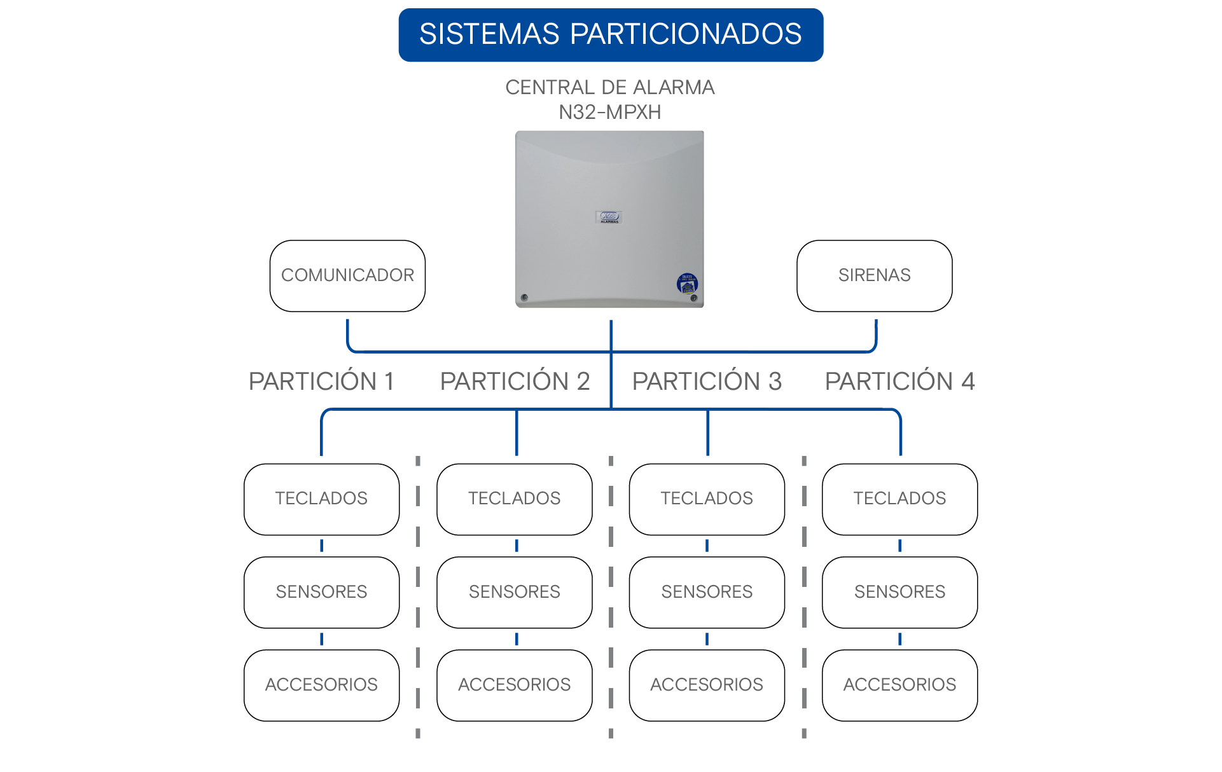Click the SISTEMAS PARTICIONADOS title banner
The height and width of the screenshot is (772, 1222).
[611, 35]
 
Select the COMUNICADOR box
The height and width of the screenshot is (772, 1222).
[347, 276]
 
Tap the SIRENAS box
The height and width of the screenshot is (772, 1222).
[875, 276]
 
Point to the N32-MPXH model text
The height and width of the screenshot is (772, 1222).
[610, 112]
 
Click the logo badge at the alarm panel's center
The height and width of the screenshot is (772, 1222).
[609, 217]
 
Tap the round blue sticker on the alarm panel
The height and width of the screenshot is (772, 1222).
[687, 283]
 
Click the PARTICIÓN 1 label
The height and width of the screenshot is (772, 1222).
[321, 381]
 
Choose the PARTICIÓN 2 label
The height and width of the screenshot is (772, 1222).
[515, 381]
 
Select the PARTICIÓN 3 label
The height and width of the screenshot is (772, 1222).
[707, 381]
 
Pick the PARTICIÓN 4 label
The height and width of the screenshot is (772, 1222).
[900, 381]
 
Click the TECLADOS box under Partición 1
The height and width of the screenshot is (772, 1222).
[322, 499]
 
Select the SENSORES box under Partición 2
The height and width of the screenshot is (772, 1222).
[515, 593]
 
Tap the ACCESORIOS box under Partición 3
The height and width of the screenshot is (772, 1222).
[707, 686]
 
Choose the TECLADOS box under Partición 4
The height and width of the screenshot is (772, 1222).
[900, 499]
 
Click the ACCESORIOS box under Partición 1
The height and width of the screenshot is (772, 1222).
[322, 686]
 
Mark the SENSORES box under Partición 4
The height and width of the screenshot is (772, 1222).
[900, 593]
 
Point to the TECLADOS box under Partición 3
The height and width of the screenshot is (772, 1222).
[707, 499]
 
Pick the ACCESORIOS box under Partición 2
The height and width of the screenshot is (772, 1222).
[515, 686]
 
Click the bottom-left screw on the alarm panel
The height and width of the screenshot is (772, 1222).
[524, 298]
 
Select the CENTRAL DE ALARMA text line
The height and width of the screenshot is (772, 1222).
[610, 87]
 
